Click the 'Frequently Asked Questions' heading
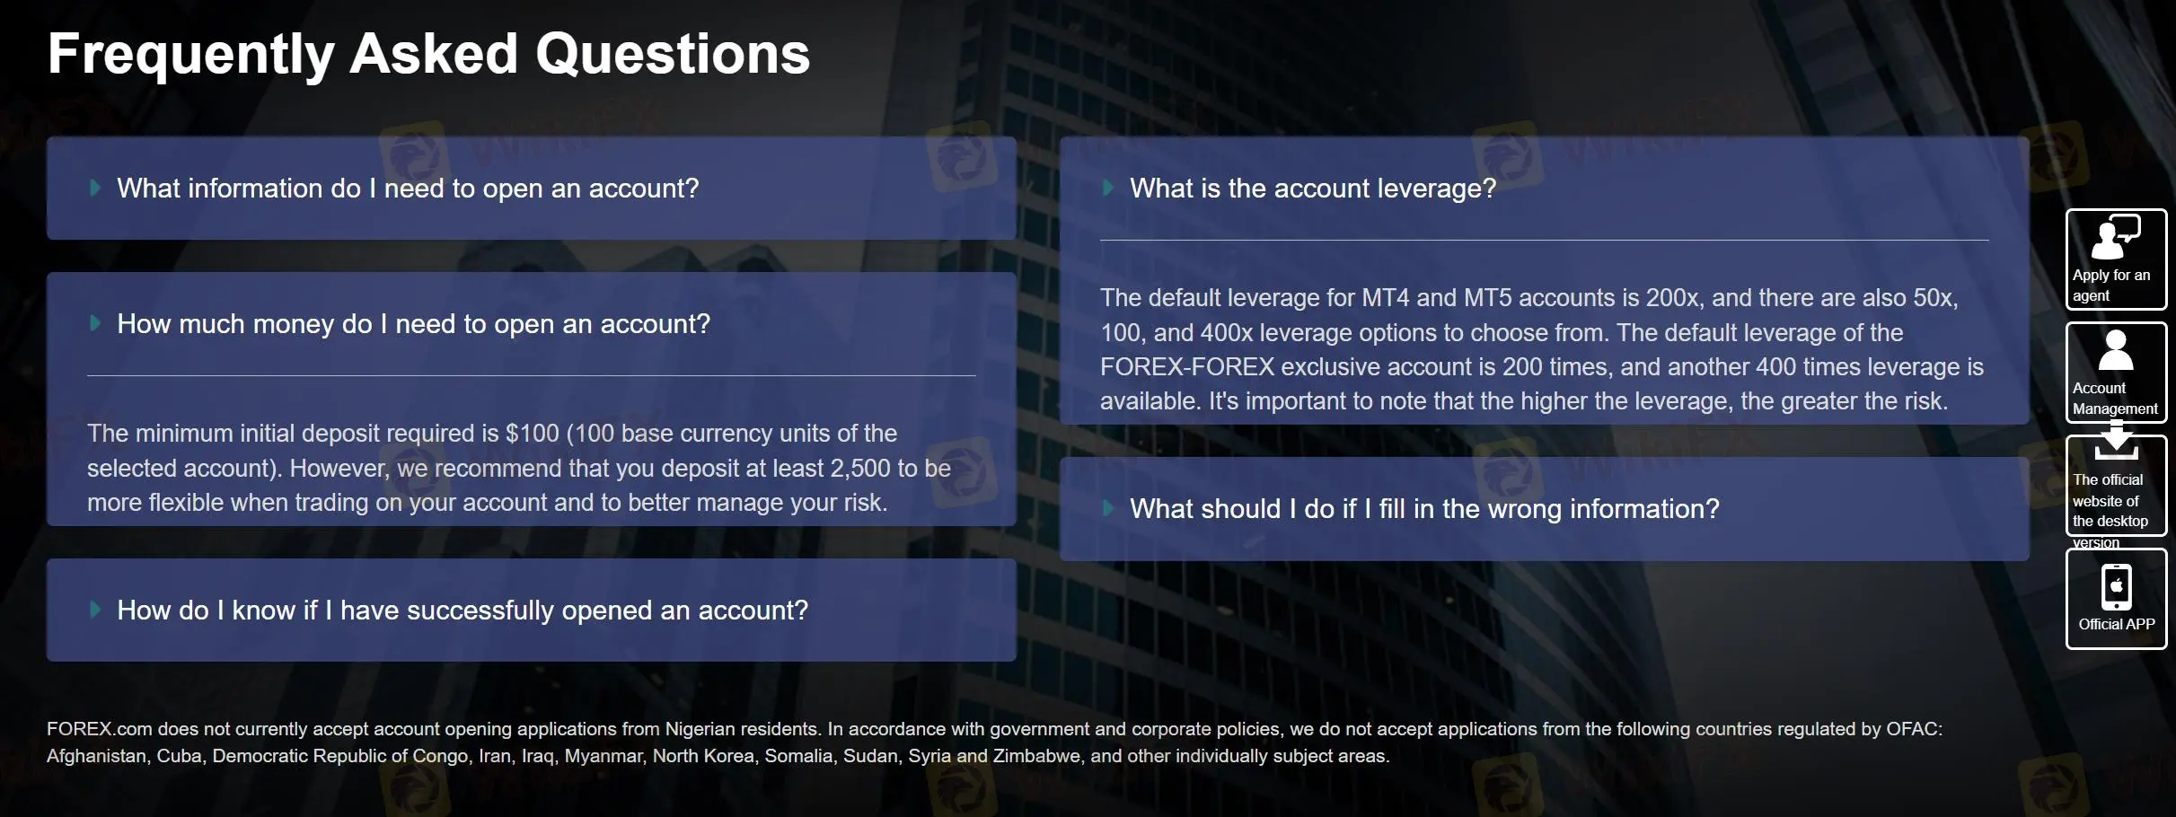(428, 54)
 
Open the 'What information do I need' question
(407, 189)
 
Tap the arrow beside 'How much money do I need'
(95, 323)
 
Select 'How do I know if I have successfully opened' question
(462, 611)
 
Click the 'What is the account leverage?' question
(1312, 189)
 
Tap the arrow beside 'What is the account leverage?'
(1108, 188)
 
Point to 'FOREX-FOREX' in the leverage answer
(1186, 367)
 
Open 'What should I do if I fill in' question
(1423, 509)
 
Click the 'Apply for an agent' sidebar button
(2116, 259)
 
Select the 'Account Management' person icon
(2115, 350)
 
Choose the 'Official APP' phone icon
(2116, 586)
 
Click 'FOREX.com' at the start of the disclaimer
(99, 729)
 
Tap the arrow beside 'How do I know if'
(95, 610)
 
